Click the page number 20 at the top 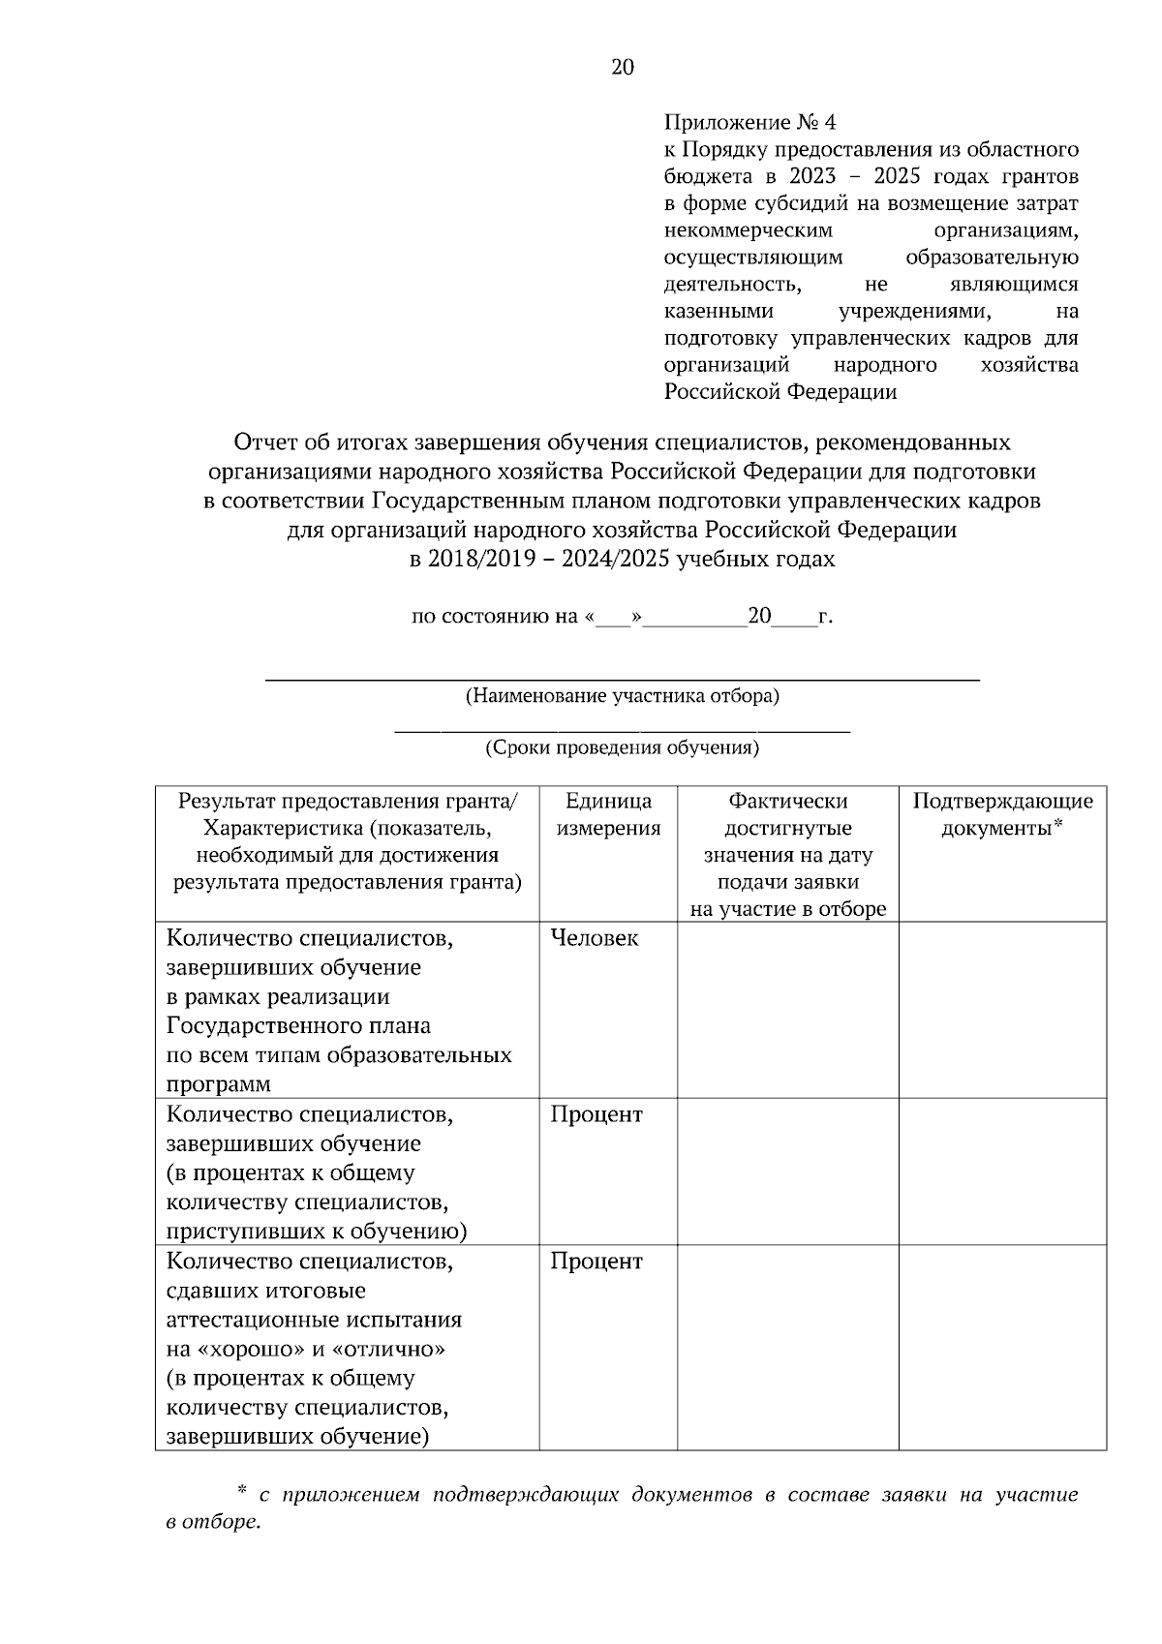623,67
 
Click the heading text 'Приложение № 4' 749,123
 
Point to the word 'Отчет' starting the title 263,442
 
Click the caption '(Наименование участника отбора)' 622,696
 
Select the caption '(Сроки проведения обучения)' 622,747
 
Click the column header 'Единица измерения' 608,814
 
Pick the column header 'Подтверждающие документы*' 1002,814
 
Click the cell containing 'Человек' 595,938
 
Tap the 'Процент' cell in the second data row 596,1114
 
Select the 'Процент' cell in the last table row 596,1262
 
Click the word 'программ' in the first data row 219,1083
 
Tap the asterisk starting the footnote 242,1494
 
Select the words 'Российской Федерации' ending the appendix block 780,392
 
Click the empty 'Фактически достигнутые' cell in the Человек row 787,1009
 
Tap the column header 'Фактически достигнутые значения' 787,841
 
